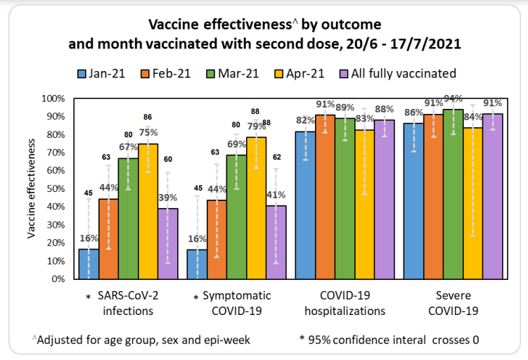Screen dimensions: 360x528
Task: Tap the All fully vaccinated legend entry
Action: point(404,73)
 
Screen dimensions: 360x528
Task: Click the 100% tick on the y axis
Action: point(56,98)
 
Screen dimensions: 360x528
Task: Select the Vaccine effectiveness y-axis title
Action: point(32,188)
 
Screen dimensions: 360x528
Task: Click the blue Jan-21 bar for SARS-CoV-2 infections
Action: point(89,264)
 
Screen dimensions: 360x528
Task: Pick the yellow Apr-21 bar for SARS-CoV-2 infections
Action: point(148,211)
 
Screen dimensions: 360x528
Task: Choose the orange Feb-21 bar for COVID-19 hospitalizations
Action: point(325,197)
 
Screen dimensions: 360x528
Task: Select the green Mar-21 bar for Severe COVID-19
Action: point(452,193)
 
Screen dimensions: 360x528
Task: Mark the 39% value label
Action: point(167,199)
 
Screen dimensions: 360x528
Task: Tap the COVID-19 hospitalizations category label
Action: point(345,303)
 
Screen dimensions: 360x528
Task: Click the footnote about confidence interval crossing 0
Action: point(389,340)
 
